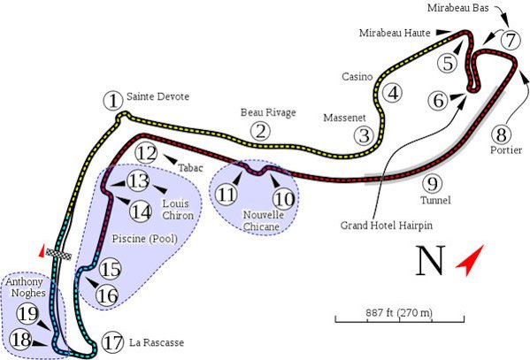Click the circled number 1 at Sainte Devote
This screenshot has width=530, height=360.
[x=113, y=101]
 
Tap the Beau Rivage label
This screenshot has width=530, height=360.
[x=268, y=112]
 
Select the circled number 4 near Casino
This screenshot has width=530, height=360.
[x=393, y=93]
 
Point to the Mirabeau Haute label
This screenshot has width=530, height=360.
[x=395, y=33]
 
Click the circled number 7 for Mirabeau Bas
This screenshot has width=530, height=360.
[x=510, y=40]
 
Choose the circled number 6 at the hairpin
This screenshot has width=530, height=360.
[x=438, y=101]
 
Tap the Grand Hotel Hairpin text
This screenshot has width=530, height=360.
[x=387, y=226]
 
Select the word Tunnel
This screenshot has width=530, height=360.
[x=435, y=200]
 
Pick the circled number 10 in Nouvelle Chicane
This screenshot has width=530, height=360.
[x=284, y=199]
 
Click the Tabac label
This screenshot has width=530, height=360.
[x=190, y=168]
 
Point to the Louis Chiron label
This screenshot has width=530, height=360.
[x=178, y=210]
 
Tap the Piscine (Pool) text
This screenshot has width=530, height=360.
[x=145, y=239]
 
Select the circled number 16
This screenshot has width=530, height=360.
[x=107, y=296]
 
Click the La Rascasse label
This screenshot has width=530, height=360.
[x=157, y=342]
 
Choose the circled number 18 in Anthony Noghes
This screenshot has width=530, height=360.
[x=20, y=340]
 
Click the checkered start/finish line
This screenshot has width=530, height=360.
[x=58, y=254]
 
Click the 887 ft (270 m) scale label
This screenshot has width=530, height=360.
[x=399, y=312]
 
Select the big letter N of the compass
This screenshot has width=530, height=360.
[x=430, y=260]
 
